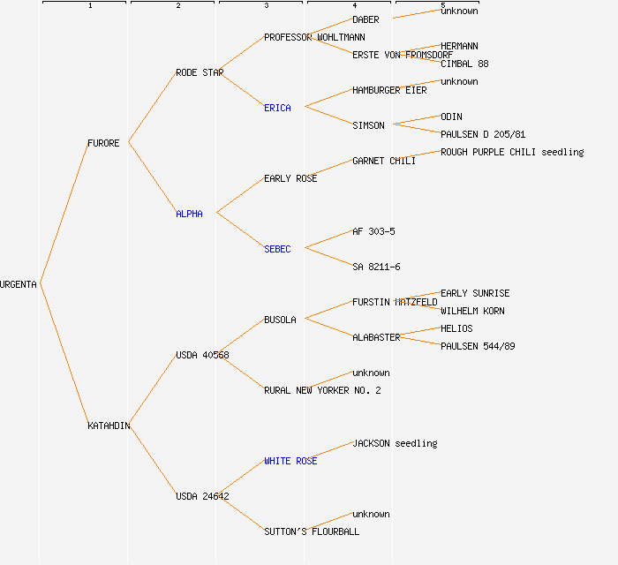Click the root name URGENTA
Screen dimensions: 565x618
pos(19,284)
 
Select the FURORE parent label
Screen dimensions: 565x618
pos(103,143)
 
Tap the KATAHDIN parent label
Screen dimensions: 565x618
pos(109,426)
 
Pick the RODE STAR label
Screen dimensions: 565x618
pos(200,72)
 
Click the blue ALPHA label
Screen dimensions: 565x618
pos(189,214)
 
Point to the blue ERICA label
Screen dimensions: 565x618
pos(277,108)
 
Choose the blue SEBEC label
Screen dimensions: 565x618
pos(277,249)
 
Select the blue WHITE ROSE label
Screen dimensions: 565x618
pos(290,461)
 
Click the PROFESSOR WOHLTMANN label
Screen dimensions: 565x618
pos(314,37)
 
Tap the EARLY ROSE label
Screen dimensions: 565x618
pos(290,178)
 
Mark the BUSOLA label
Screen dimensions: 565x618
pos(280,320)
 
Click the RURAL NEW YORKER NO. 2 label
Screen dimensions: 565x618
pos(322,390)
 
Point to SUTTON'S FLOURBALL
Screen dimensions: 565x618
pos(312,531)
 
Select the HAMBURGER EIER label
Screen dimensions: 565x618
pos(389,90)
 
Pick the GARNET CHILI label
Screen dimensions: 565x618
pos(384,161)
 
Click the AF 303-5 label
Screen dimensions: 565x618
pos(373,231)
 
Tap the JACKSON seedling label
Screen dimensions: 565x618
pos(395,443)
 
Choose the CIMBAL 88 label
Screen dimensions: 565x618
pos(464,64)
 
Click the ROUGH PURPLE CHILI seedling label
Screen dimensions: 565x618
pos(512,152)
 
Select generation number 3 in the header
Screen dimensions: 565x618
pos(266,6)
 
